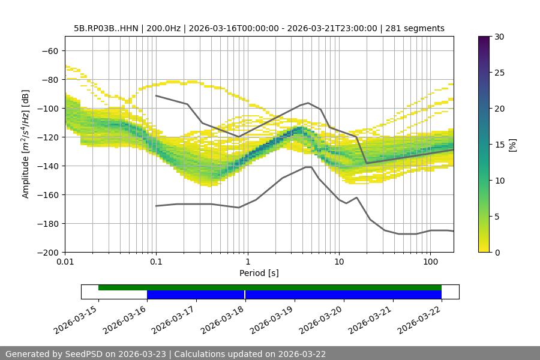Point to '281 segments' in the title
pyautogui.click(x=415, y=28)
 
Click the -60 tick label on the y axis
pyautogui.click(x=50, y=50)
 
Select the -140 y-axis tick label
pyautogui.click(x=47, y=166)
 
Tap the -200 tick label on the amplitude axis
pyautogui.click(x=47, y=252)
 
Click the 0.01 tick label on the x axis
pyautogui.click(x=65, y=262)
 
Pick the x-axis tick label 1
pyautogui.click(x=247, y=262)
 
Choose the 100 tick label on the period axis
pyautogui.click(x=430, y=262)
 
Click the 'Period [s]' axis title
pyautogui.click(x=259, y=273)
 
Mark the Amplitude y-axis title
pyautogui.click(x=26, y=144)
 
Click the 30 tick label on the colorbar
pyautogui.click(x=499, y=37)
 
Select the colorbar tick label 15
pyautogui.click(x=499, y=145)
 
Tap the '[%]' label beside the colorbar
pyautogui.click(x=512, y=145)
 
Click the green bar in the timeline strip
pyautogui.click(x=270, y=287)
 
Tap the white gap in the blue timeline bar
pyautogui.click(x=245, y=295)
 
